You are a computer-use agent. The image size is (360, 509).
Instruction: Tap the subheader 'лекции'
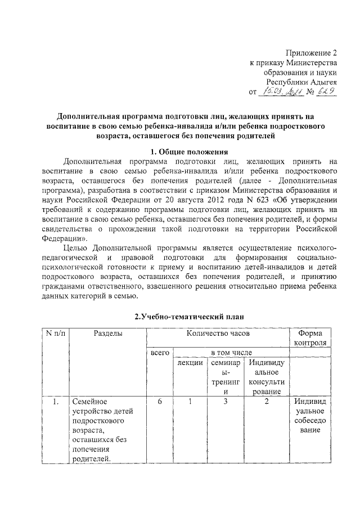tap(190, 364)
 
